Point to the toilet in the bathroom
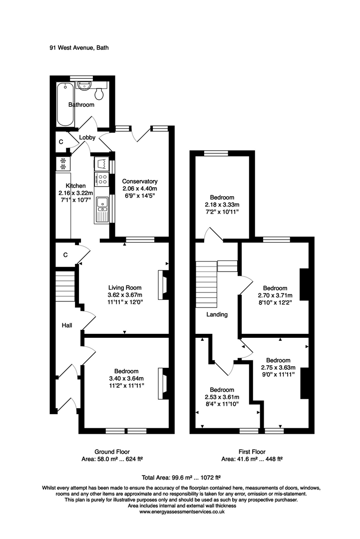coord(99,93)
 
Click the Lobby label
coord(87,137)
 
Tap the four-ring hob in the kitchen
coord(102,178)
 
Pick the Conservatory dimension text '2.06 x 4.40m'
coord(140,189)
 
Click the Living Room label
coord(125,287)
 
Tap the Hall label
coord(66,325)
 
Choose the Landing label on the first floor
coord(217,314)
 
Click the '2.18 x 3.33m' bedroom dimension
coord(223,205)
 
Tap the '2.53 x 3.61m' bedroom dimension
coord(222,397)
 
